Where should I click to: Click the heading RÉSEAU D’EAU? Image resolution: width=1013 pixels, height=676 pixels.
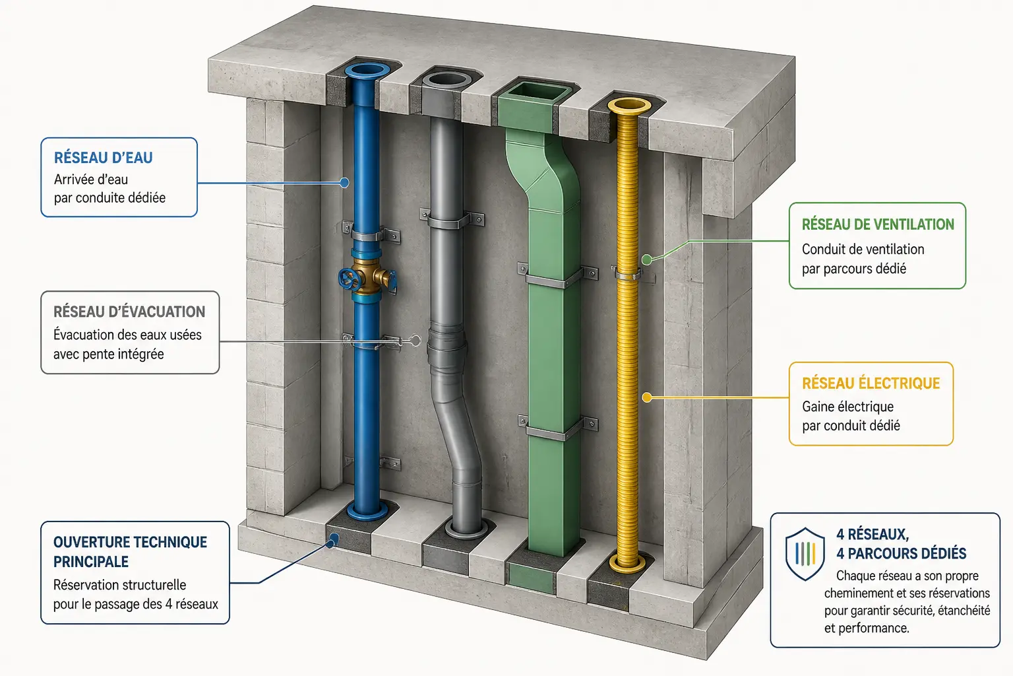[x=103, y=158]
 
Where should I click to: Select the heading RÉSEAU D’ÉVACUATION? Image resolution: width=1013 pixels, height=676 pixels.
[x=129, y=312]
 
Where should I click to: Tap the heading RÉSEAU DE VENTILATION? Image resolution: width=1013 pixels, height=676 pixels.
[x=878, y=224]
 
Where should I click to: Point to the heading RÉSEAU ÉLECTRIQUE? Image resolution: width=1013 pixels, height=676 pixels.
[x=871, y=384]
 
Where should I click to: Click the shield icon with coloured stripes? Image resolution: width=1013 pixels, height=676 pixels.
[x=805, y=553]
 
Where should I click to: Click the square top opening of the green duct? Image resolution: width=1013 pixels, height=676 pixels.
[x=537, y=90]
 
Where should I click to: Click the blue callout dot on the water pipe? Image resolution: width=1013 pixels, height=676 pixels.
[x=345, y=183]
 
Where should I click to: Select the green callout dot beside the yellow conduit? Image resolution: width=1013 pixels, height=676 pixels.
[x=647, y=260]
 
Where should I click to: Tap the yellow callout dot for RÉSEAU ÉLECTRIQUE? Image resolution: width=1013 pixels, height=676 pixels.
[x=647, y=397]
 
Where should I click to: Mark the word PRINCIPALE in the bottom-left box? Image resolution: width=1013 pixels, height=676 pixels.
[x=91, y=562]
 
